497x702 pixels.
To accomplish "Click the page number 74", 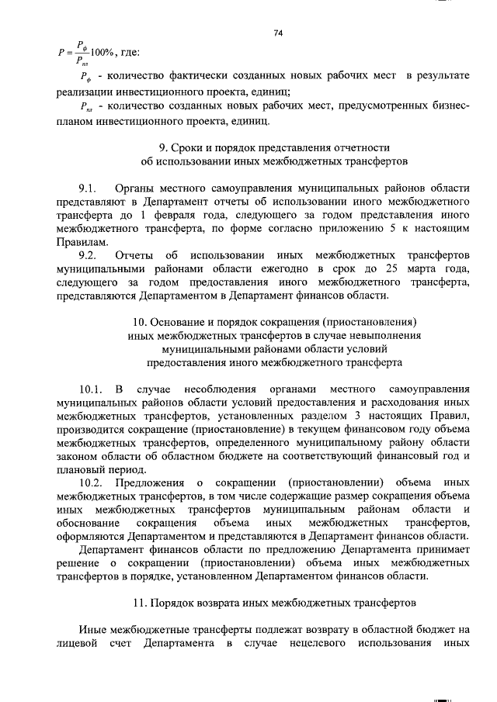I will point(277,33).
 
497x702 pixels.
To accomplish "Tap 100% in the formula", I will point(103,52).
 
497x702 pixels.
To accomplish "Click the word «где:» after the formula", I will point(129,52).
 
